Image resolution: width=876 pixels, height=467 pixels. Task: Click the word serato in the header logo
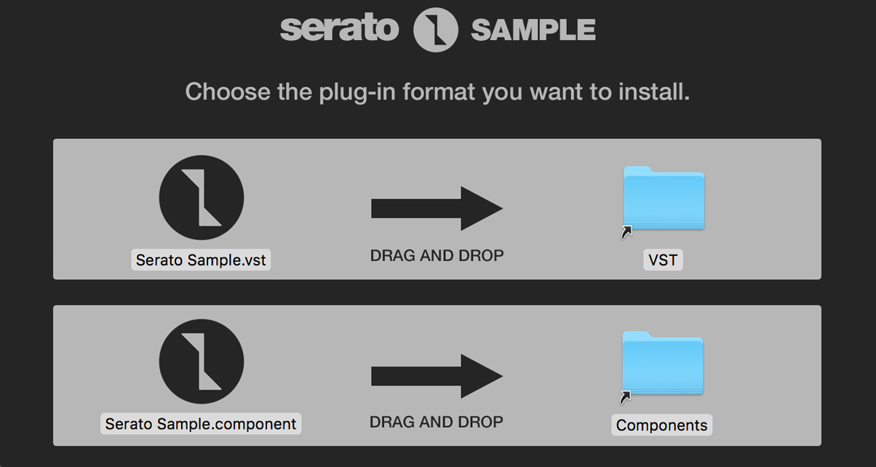click(x=339, y=28)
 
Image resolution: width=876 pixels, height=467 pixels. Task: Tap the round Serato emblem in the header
click(x=435, y=29)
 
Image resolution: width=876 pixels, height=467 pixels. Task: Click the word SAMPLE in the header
click(x=533, y=30)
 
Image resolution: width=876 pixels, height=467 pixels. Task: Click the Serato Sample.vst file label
click(x=201, y=260)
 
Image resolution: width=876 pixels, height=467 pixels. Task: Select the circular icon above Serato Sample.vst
click(x=202, y=198)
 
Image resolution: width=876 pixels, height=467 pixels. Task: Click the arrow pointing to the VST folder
click(x=437, y=209)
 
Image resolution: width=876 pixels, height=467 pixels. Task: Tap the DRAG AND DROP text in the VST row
click(x=437, y=255)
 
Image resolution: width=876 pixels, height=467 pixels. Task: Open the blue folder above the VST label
click(x=664, y=198)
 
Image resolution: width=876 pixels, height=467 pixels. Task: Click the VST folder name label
click(x=663, y=260)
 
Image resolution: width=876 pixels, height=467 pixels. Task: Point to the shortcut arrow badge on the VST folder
click(x=626, y=232)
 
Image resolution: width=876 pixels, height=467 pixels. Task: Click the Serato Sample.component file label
click(x=201, y=424)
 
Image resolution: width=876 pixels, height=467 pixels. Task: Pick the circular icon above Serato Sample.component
click(x=202, y=362)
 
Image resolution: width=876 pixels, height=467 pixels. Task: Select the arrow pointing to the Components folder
click(x=437, y=376)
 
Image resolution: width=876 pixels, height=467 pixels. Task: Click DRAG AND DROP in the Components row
click(x=437, y=422)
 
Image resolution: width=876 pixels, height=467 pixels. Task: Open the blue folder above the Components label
click(x=663, y=363)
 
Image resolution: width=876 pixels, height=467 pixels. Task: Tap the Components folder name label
click(x=662, y=425)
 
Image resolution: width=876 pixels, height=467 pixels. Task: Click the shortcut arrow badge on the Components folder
click(x=626, y=397)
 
